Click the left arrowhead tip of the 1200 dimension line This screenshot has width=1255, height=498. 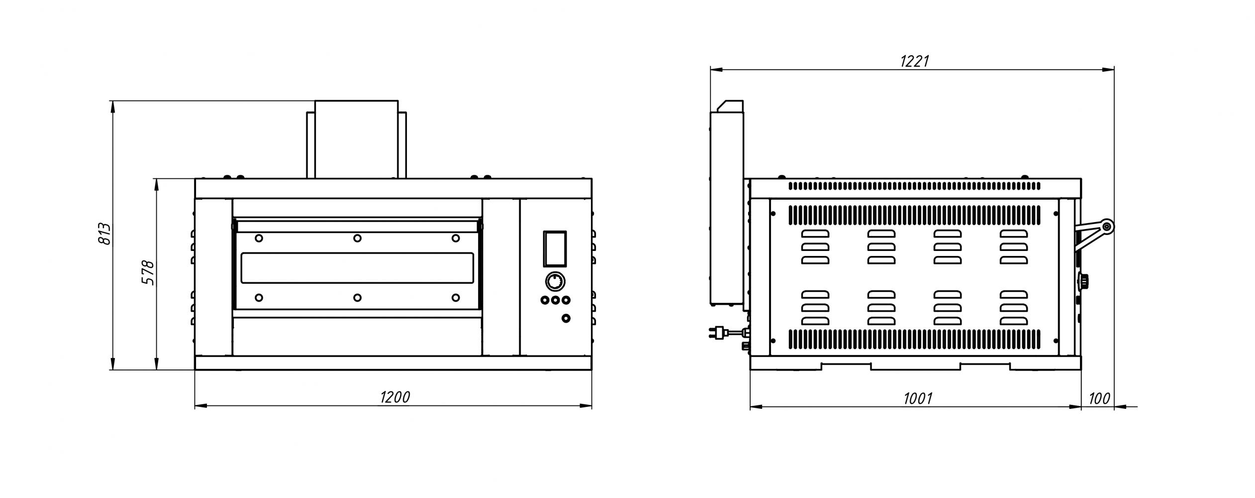[x=195, y=406]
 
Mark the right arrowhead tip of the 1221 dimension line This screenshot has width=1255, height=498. [x=1113, y=70]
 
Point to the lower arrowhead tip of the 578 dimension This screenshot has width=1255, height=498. [x=157, y=370]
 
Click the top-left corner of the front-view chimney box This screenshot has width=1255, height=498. [x=315, y=101]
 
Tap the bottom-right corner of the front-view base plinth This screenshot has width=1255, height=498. [x=592, y=370]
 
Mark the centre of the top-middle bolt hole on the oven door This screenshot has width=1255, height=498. [x=357, y=239]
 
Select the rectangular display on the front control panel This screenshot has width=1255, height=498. [x=554, y=249]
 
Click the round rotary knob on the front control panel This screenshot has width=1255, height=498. [x=554, y=282]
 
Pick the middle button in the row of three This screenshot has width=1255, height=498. [x=555, y=300]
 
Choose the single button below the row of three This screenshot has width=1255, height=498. [x=565, y=318]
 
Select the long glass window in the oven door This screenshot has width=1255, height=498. [x=357, y=268]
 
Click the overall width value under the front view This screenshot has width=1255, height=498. [x=395, y=397]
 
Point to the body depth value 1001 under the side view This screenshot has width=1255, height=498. [x=918, y=398]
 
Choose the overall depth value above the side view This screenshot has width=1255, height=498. [x=915, y=61]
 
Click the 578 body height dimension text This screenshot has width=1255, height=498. [x=148, y=272]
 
